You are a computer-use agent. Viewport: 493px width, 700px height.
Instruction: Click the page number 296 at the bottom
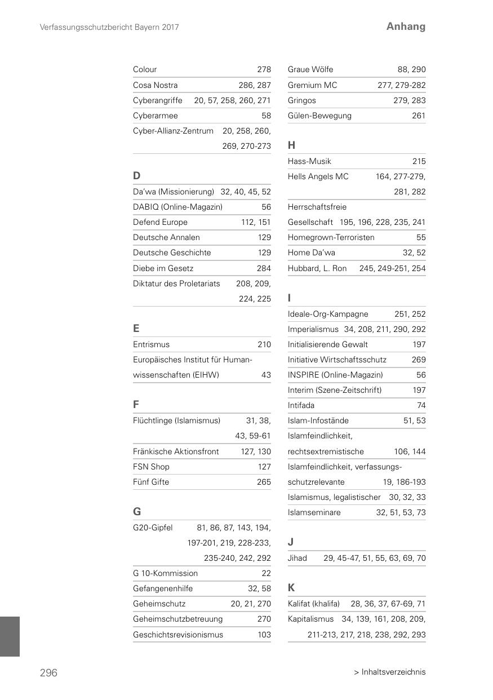click(48, 672)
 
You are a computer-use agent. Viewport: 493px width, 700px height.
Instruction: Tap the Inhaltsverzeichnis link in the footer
click(389, 672)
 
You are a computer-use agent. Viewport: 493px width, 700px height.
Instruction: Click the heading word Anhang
click(406, 26)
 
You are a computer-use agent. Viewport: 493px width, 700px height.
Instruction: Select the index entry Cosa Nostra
click(156, 85)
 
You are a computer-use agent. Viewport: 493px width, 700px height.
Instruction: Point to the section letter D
click(136, 176)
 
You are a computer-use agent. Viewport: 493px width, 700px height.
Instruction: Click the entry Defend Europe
click(160, 222)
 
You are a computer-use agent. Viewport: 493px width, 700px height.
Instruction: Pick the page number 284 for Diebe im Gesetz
click(264, 268)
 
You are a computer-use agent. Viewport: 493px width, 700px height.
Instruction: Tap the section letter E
click(136, 328)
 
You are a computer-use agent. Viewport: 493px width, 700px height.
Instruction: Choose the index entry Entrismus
click(151, 344)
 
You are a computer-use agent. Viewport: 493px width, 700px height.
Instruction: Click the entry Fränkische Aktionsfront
click(176, 451)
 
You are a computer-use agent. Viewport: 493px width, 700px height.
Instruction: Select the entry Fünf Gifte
click(151, 482)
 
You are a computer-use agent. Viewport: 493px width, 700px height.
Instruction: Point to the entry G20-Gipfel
click(153, 528)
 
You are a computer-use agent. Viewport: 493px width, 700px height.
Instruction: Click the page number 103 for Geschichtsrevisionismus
click(264, 635)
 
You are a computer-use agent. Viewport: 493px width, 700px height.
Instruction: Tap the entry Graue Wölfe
click(310, 69)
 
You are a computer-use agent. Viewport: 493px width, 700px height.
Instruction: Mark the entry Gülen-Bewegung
click(319, 116)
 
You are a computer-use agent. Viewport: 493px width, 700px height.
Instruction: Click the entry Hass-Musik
click(309, 161)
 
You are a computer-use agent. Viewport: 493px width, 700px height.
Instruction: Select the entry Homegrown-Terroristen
click(331, 237)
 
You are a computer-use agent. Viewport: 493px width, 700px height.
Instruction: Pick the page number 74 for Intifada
click(421, 405)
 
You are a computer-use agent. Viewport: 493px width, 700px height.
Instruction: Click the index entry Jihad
click(297, 558)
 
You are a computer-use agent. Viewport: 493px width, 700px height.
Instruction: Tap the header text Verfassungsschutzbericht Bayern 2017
click(110, 27)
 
